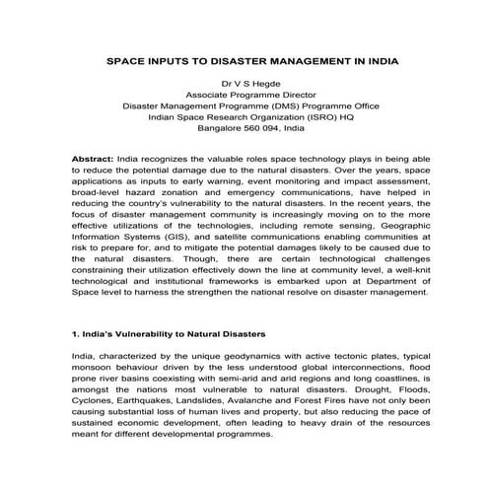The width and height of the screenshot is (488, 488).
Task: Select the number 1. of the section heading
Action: pyautogui.click(x=78, y=335)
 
